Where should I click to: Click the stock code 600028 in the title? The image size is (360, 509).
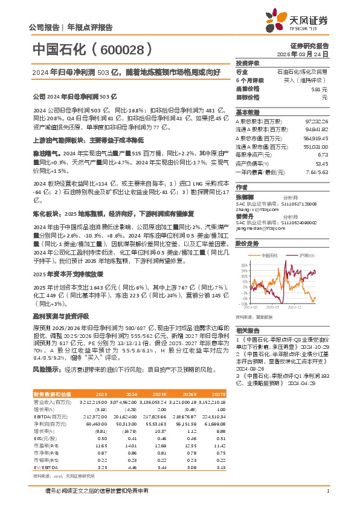click(x=127, y=48)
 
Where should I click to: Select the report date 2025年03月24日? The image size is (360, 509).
click(x=309, y=54)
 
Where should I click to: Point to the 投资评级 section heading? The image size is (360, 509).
click(x=248, y=63)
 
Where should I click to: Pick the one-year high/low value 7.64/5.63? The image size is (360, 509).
click(x=318, y=171)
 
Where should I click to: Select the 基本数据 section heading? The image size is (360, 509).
click(x=248, y=112)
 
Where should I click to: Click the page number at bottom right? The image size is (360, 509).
click(x=327, y=490)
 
